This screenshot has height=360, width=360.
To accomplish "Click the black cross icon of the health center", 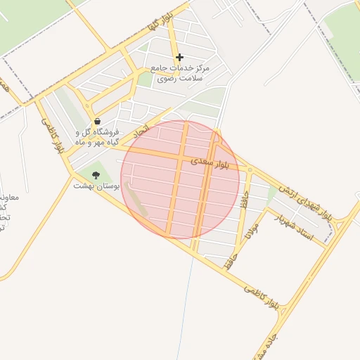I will click(x=179, y=57).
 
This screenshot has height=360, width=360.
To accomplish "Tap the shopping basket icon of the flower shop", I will click(x=96, y=122).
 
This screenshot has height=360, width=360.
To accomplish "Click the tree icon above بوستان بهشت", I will click(x=96, y=175).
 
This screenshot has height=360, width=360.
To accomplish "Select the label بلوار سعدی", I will click(x=212, y=163).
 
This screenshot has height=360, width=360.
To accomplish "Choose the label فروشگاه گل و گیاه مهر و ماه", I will click(x=97, y=136).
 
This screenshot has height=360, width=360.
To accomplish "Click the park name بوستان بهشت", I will click(x=96, y=186).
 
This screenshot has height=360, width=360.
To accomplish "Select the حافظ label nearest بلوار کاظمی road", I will click(x=229, y=261).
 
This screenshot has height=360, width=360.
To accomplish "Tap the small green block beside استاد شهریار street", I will click(x=272, y=193).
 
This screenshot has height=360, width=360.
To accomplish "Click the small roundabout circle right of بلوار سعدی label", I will click(x=250, y=169).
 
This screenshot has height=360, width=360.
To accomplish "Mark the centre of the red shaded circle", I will click(x=180, y=179).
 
